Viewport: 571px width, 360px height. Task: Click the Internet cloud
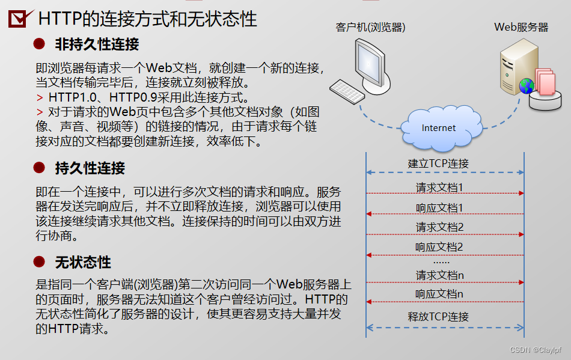pyautogui.click(x=438, y=127)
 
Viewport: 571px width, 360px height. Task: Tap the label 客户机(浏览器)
pyautogui.click(x=370, y=27)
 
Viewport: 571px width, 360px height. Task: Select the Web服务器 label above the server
pyautogui.click(x=521, y=27)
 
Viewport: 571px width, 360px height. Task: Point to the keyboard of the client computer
pyautogui.click(x=347, y=91)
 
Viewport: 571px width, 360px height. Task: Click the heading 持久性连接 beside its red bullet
pyautogui.click(x=90, y=168)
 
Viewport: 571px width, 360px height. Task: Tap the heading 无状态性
pyautogui.click(x=83, y=263)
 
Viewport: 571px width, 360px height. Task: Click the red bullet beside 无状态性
pyautogui.click(x=39, y=262)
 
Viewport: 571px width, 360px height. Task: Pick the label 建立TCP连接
pyautogui.click(x=438, y=163)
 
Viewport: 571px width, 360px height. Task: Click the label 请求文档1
pyautogui.click(x=439, y=188)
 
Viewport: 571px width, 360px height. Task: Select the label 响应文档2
pyautogui.click(x=439, y=247)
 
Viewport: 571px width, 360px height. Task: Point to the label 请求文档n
pyautogui.click(x=439, y=275)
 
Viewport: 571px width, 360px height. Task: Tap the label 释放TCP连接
pyautogui.click(x=438, y=317)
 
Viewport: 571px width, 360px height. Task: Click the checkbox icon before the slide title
pyautogui.click(x=21, y=19)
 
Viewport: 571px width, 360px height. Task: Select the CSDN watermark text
pyautogui.click(x=536, y=350)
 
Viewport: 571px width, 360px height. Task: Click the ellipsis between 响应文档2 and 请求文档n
pyautogui.click(x=441, y=261)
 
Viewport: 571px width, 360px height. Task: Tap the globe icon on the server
pyautogui.click(x=527, y=85)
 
